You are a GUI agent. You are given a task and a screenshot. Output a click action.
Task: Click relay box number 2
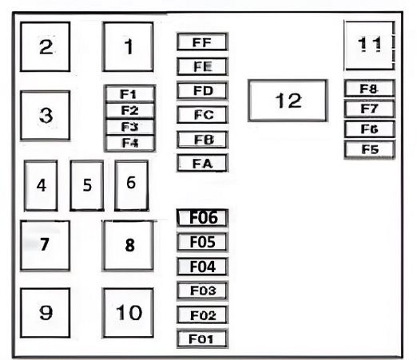tap(46, 47)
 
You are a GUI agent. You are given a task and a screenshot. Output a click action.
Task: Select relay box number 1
tap(128, 47)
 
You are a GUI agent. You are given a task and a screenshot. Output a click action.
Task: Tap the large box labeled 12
tap(288, 101)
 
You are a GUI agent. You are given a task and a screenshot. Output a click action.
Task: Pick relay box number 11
tap(369, 45)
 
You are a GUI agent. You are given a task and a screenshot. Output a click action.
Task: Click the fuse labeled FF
tap(202, 42)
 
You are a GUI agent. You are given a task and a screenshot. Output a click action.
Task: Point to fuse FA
tap(202, 163)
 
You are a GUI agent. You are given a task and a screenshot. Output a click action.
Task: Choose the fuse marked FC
tap(202, 115)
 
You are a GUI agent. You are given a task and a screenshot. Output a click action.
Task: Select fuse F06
tap(202, 218)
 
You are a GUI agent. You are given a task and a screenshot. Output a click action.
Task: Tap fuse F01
tap(202, 338)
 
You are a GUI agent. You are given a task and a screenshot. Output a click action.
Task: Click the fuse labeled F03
tap(202, 291)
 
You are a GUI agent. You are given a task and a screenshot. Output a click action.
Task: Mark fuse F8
tap(369, 89)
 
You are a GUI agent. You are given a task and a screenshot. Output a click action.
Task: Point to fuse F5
tap(369, 149)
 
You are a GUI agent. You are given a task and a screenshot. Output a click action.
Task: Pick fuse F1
tap(129, 93)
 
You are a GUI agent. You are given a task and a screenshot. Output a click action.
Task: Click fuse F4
tap(129, 143)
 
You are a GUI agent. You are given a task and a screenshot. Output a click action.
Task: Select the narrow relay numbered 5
tap(87, 185)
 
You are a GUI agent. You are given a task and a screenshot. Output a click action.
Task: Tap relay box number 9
tap(46, 313)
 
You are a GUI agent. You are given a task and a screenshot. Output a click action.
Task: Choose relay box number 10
tap(128, 313)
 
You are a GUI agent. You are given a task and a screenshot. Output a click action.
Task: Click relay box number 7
tap(46, 245)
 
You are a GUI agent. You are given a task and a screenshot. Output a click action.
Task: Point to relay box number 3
tap(46, 115)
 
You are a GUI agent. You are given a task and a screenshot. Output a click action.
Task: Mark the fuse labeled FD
tap(202, 90)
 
